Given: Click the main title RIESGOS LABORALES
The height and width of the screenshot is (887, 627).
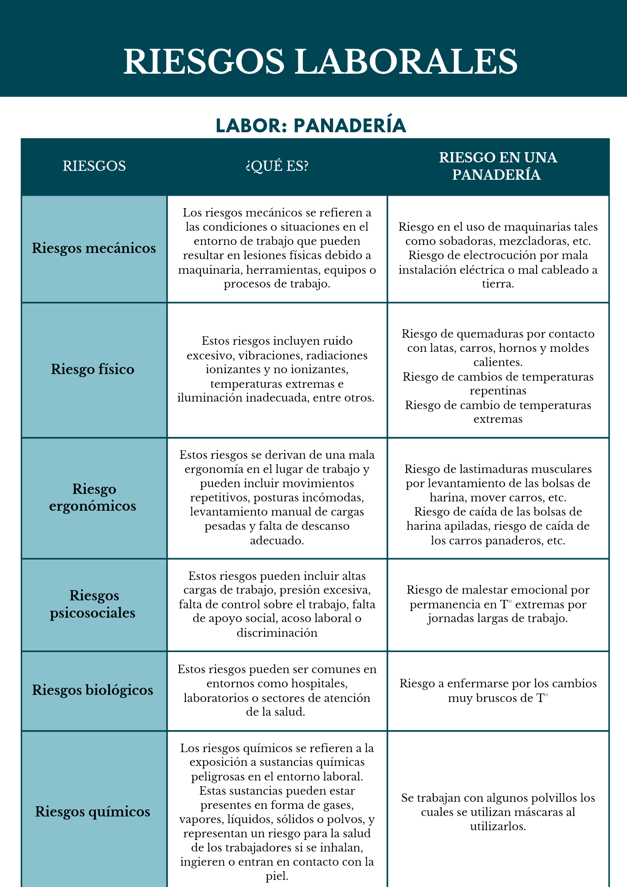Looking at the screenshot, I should pos(320,61).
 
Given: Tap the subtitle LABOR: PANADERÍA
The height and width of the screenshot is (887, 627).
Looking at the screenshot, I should pos(311,126).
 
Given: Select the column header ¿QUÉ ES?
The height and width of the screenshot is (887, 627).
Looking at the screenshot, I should pos(277,166).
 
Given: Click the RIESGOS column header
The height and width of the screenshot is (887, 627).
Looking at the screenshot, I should pos(94,166).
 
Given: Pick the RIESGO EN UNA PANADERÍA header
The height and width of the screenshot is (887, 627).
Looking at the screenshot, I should pos(498,166).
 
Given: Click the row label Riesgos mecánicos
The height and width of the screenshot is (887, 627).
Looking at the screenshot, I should pos(94,248).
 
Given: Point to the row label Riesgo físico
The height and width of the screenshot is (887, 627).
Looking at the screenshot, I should pos(93,369).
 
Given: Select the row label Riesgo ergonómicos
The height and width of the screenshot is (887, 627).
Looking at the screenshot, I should pos(93,497).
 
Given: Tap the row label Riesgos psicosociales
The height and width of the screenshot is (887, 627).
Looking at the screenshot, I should pos(93,604).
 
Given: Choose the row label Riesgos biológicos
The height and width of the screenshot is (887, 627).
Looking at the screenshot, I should pos(93,690).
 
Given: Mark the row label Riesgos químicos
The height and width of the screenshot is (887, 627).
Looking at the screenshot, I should pos(93,812).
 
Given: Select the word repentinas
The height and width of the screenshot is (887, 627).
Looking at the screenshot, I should pos(498,391).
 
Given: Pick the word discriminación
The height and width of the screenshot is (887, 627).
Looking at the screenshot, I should pos(277,633).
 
